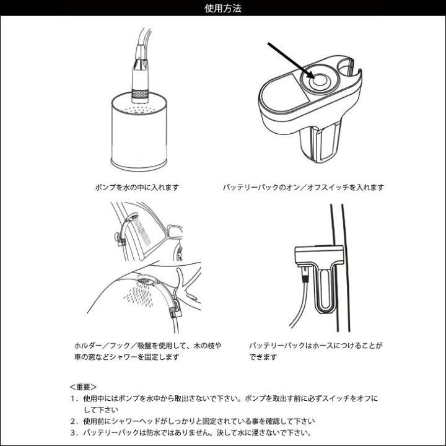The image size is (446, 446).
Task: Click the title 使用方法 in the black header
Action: (223, 8)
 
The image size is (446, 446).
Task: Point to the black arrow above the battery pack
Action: (291, 60)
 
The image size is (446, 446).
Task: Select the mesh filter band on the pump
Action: (140, 94)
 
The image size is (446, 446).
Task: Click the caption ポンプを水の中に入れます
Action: (137, 188)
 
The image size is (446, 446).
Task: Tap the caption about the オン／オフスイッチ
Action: (303, 188)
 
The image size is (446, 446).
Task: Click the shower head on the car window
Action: (131, 217)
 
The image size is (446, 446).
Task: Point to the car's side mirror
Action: (174, 231)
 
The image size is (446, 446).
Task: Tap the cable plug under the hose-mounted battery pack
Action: (305, 274)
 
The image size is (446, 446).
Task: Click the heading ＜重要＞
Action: (83, 387)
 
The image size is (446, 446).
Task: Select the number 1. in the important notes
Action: (74, 398)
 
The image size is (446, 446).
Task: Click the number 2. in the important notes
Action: (74, 421)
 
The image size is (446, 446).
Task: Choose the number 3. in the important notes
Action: (74, 433)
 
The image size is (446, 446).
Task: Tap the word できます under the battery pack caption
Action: (263, 357)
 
